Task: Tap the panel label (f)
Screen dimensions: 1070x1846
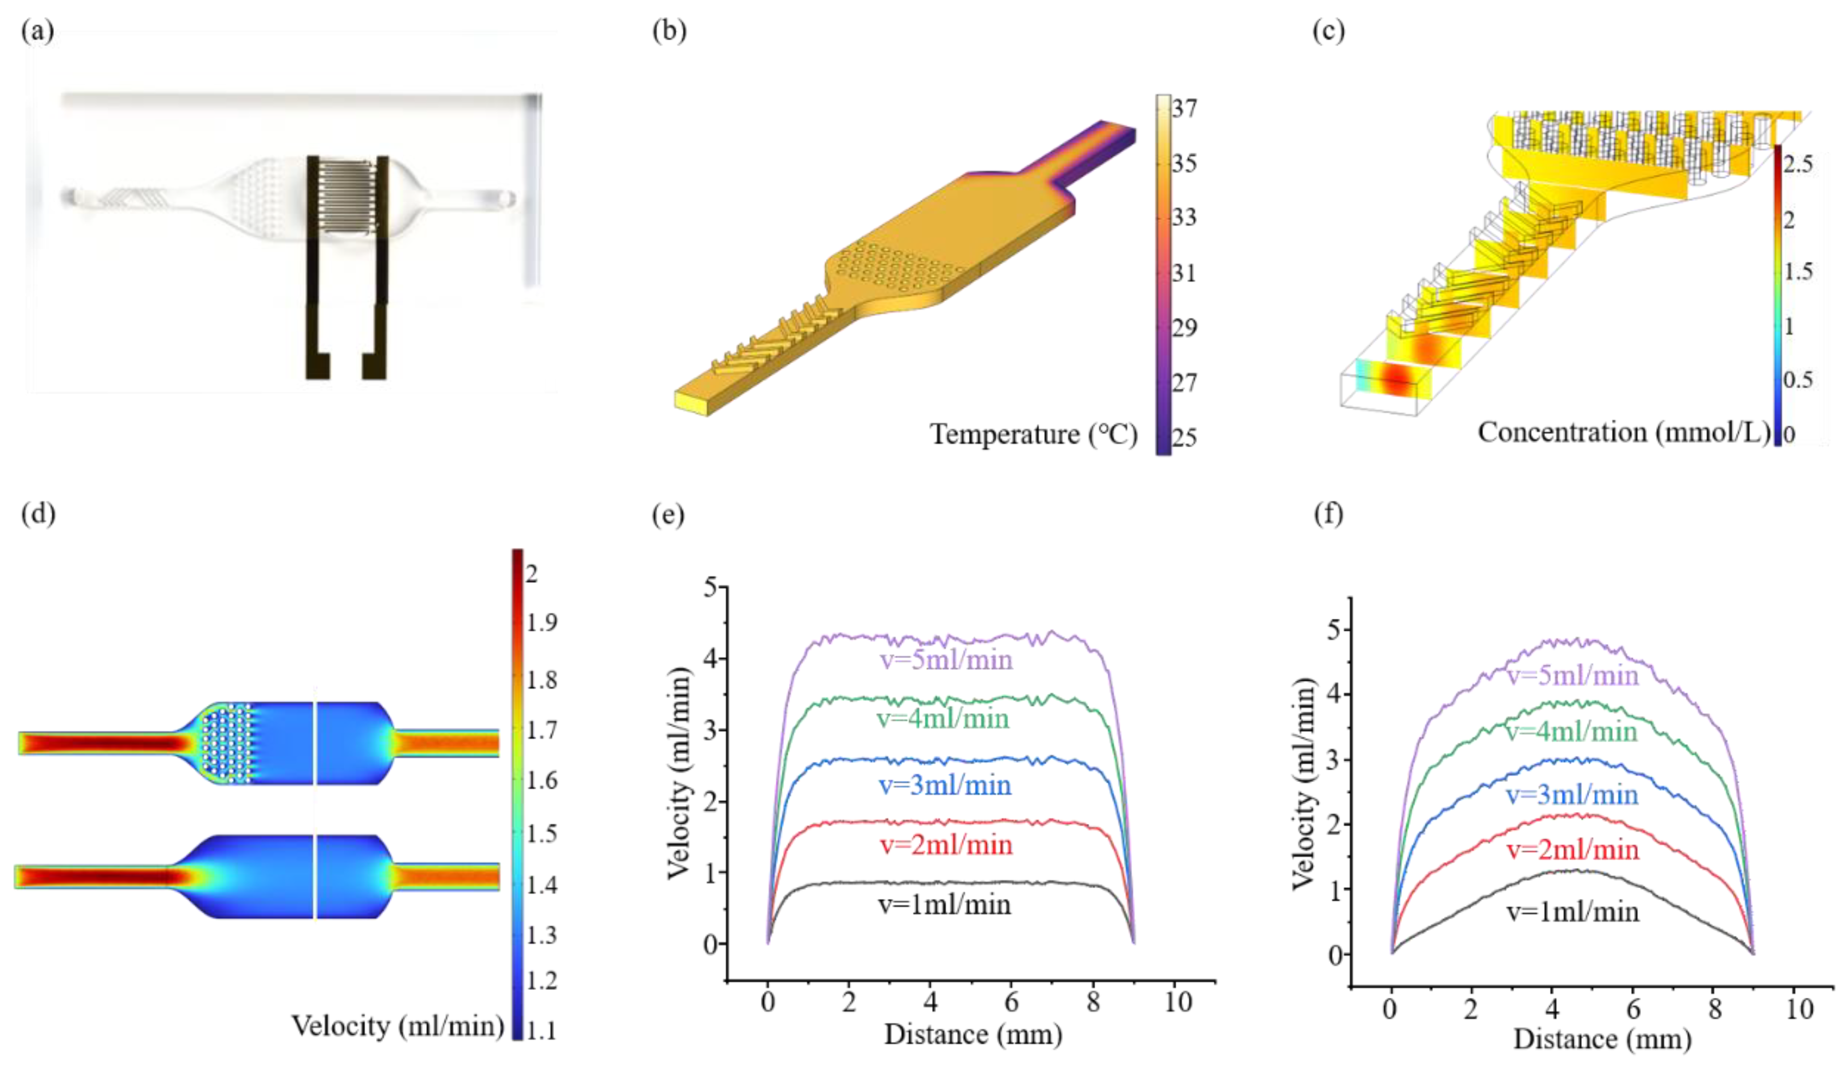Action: (1328, 514)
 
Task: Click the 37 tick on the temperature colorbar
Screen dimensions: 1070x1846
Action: (1184, 109)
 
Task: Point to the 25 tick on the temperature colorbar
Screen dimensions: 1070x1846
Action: (1184, 438)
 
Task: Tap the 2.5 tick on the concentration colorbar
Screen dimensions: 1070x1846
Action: (1798, 164)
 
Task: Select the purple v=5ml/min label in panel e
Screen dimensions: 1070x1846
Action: (946, 660)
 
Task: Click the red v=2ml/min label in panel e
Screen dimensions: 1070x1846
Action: (946, 845)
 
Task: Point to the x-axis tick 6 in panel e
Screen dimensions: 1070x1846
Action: (1011, 1002)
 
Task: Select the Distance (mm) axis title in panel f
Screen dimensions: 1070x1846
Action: (1603, 1039)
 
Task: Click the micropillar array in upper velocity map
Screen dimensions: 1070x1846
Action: (227, 742)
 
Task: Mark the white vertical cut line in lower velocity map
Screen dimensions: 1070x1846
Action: (315, 877)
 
